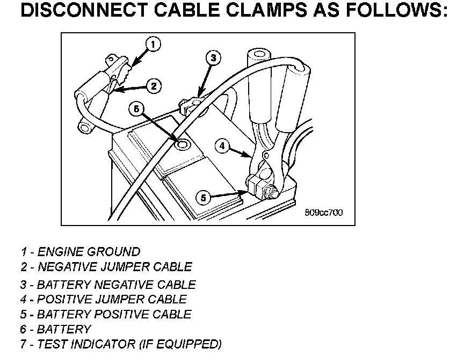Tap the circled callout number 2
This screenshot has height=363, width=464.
tap(154, 85)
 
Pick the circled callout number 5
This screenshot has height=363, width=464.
tap(203, 198)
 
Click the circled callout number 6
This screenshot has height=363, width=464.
tap(137, 108)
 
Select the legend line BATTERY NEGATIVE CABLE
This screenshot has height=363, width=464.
tap(108, 285)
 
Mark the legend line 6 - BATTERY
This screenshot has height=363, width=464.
tap(56, 329)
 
